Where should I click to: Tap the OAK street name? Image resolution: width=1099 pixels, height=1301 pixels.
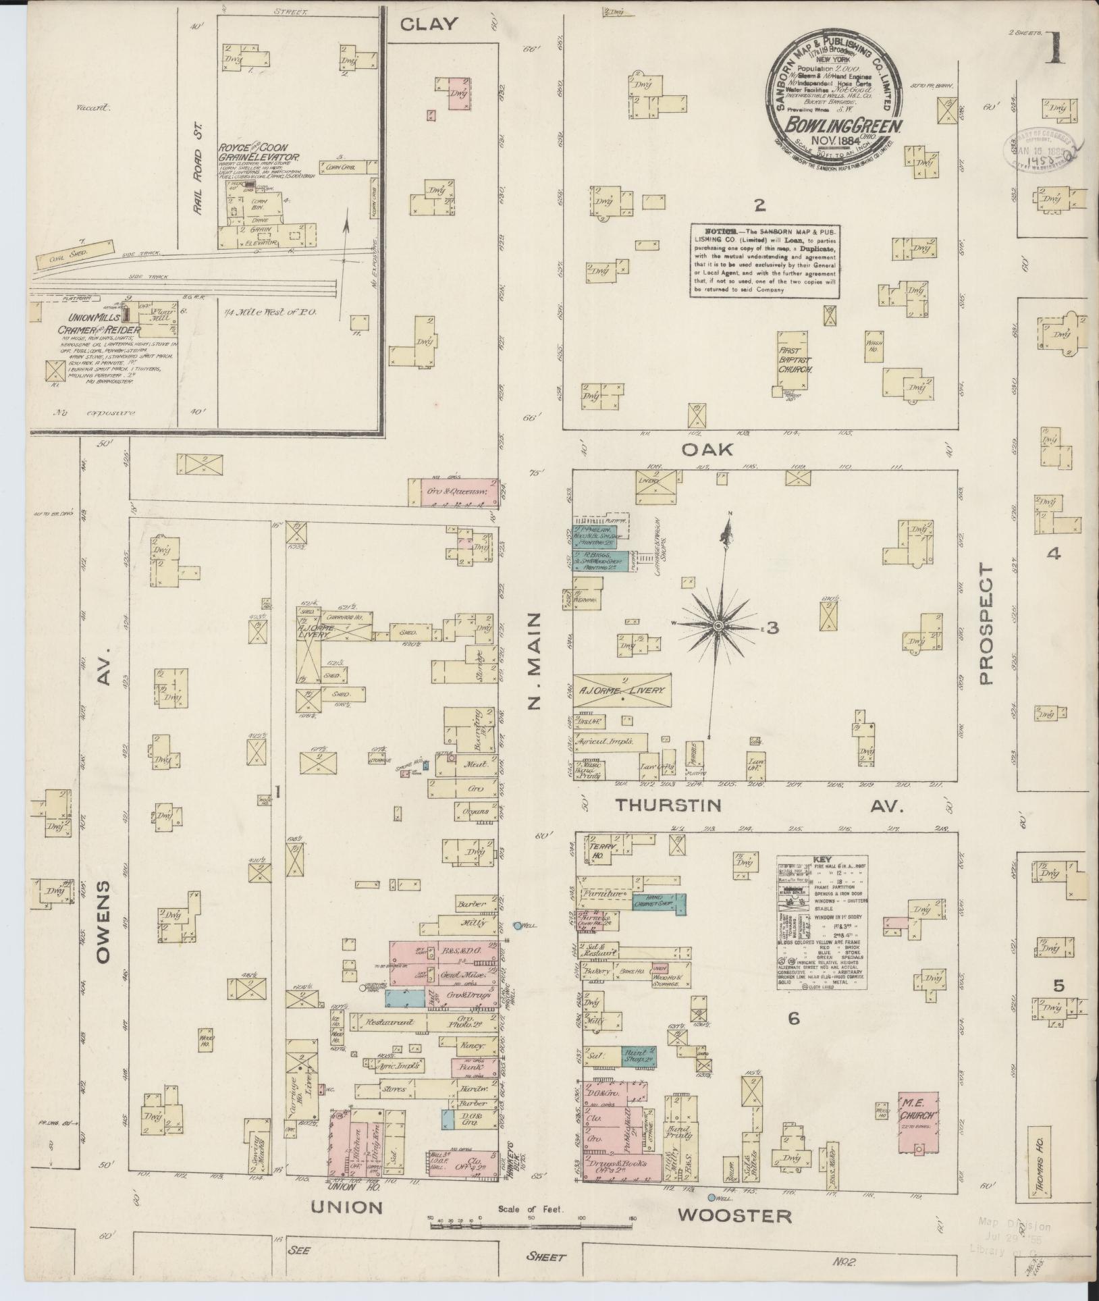707,449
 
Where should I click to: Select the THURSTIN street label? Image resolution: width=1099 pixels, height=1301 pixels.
668,805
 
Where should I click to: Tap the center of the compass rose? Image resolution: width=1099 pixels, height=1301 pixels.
718,627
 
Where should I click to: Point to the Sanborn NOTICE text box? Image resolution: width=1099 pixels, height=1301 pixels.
763,260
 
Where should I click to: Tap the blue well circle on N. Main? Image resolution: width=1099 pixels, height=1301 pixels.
518,926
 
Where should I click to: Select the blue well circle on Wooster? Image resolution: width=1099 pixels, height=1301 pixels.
712,1198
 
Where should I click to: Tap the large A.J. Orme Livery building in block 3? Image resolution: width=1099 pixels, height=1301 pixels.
622,690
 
